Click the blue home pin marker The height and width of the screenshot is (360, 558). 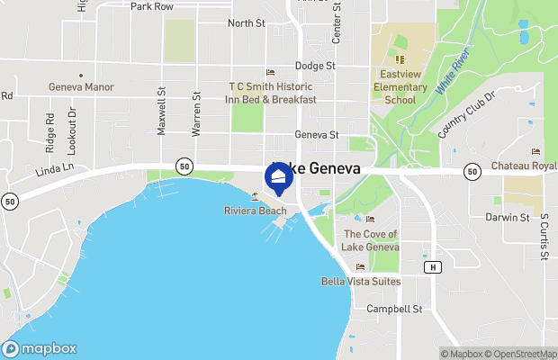[279, 177]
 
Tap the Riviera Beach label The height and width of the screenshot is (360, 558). [256, 211]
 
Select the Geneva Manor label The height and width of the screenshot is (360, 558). [81, 87]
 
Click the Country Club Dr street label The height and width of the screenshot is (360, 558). [467, 114]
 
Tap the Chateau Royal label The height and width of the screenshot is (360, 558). [525, 166]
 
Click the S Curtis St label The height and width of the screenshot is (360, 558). [544, 236]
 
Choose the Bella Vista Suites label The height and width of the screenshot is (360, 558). [361, 281]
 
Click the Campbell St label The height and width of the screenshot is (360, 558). [394, 309]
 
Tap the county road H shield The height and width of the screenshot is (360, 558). [433, 267]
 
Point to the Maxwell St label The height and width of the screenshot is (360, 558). [162, 111]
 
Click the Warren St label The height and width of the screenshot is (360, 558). [195, 112]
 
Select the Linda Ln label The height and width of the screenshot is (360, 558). [54, 169]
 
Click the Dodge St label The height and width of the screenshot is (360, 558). [315, 66]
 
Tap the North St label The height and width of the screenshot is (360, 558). [246, 22]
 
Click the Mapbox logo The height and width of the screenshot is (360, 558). [39, 349]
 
